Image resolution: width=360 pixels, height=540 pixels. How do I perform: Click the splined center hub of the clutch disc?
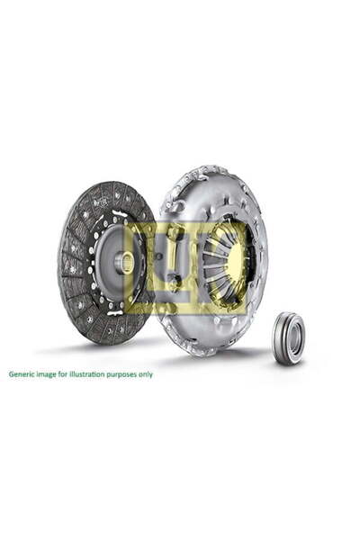pyautogui.click(x=123, y=262)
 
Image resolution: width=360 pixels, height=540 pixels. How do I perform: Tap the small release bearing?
pyautogui.click(x=288, y=338)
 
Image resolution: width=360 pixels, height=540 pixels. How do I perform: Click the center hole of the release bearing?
pyautogui.click(x=289, y=337)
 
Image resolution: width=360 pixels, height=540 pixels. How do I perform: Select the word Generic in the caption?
pyautogui.click(x=24, y=374)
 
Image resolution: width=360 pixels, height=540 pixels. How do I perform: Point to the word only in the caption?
pyautogui.click(x=144, y=374)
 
